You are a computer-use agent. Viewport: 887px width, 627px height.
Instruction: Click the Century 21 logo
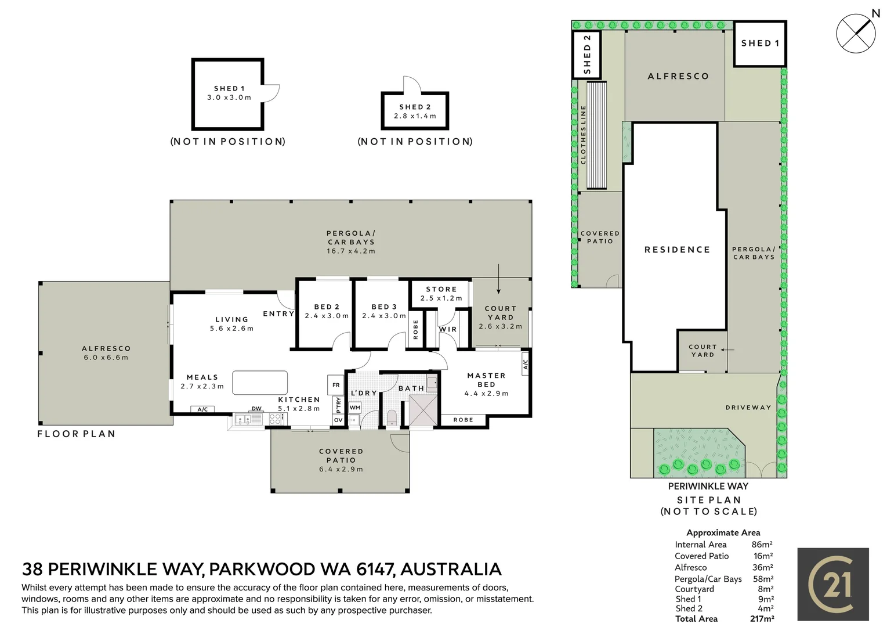coord(833,584)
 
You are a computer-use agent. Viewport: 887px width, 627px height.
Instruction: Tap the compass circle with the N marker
coord(856,33)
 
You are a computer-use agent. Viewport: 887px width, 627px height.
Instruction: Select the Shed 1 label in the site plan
coord(760,43)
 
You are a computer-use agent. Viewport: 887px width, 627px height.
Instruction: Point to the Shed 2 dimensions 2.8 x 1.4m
coord(415,116)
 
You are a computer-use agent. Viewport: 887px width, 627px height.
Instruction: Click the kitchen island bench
coord(260,383)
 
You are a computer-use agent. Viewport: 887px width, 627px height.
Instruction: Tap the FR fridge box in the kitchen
coord(336,385)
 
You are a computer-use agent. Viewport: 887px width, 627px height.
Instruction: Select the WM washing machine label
coord(355,408)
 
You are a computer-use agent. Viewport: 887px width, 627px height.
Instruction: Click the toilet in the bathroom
coord(391,418)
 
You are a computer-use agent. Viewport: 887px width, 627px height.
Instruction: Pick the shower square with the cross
coord(422,410)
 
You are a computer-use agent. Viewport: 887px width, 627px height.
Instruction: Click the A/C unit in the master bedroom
coord(526,364)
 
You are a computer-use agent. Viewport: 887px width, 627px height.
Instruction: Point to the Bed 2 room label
coord(327,307)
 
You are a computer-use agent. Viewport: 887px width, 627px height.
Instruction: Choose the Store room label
coord(441,289)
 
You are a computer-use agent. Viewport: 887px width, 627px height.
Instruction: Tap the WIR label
coord(448,329)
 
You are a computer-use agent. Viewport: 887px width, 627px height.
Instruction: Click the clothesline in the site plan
coord(596,135)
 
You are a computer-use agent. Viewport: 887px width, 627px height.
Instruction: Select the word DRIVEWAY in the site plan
coord(748,408)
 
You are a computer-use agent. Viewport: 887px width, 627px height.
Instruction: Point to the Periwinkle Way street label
coord(708,487)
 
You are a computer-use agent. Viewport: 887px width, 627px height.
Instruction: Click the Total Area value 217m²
coord(762,619)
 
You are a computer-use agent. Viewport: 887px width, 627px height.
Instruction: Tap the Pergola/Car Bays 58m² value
coord(763,579)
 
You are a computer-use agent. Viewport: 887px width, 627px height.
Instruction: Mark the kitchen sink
coord(248,419)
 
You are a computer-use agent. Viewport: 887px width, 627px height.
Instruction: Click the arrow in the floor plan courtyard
coord(498,279)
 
